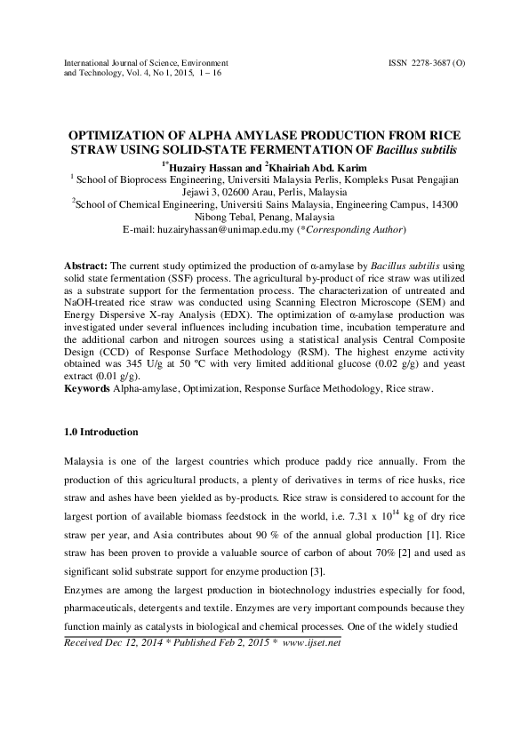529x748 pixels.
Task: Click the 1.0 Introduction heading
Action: (x=102, y=432)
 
